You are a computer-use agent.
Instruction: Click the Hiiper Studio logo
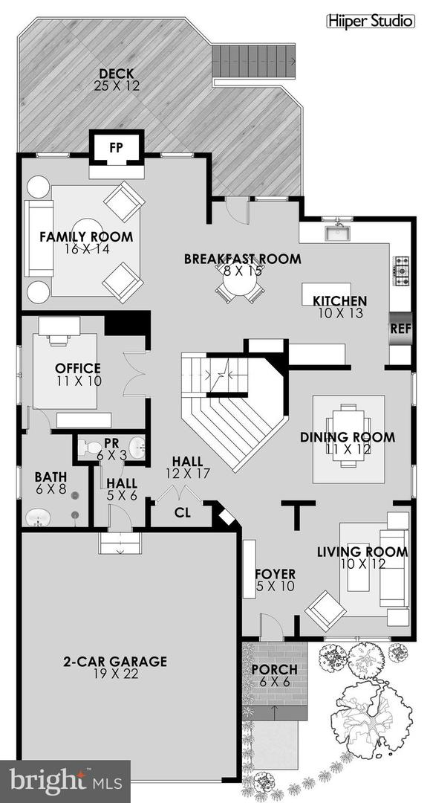(x=371, y=22)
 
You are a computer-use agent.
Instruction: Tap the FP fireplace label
(x=116, y=147)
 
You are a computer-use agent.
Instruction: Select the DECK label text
(x=117, y=73)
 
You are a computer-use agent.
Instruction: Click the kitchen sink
(x=339, y=233)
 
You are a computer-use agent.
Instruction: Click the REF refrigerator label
(x=400, y=328)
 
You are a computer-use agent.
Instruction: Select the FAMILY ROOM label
(x=86, y=237)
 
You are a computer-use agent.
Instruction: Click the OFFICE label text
(x=77, y=368)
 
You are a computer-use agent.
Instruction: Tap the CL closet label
(x=182, y=512)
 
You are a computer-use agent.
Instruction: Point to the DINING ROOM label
(x=348, y=437)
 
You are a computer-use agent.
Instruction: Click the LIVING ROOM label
(x=362, y=552)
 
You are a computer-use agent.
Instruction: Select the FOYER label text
(x=275, y=574)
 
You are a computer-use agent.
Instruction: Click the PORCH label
(x=273, y=669)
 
